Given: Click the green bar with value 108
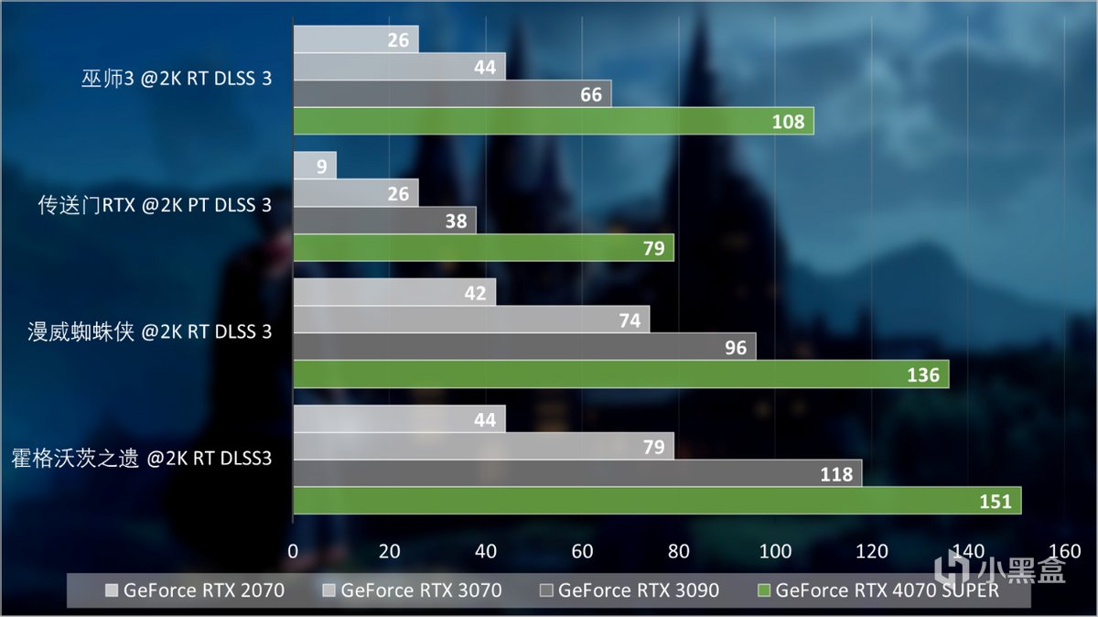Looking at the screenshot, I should pyautogui.click(x=553, y=121).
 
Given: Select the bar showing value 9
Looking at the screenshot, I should pyautogui.click(x=314, y=166).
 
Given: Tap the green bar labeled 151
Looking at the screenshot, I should pyautogui.click(x=656, y=501).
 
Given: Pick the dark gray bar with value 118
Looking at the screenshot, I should pyautogui.click(x=576, y=473).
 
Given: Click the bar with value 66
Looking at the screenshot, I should pyautogui.click(x=452, y=93).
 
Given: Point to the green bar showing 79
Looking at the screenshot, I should pyautogui.click(x=483, y=248).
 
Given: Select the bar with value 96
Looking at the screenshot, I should pyautogui.click(x=524, y=346).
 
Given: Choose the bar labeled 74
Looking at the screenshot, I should pyautogui.click(x=471, y=319).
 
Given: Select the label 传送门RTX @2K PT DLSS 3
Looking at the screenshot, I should pyautogui.click(x=155, y=205).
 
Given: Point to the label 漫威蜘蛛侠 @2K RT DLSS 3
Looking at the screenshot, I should pyautogui.click(x=150, y=331).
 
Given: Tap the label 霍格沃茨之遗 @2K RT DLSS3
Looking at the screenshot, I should pyautogui.click(x=142, y=457).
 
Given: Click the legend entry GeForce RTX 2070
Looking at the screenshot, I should pyautogui.click(x=195, y=590).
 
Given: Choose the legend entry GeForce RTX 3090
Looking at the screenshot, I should pyautogui.click(x=630, y=590).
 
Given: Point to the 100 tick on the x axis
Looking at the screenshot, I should pyautogui.click(x=776, y=551).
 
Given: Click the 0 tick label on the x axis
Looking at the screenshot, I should pyautogui.click(x=293, y=551).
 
